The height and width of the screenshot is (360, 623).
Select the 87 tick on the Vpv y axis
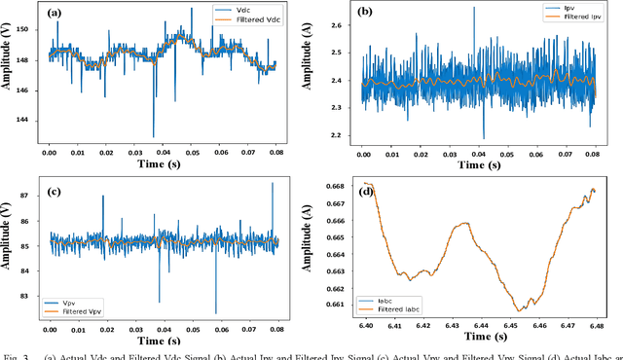coord(31,195)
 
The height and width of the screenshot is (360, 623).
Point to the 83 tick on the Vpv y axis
coord(31,297)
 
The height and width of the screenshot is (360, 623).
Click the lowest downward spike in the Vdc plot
coord(153,135)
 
